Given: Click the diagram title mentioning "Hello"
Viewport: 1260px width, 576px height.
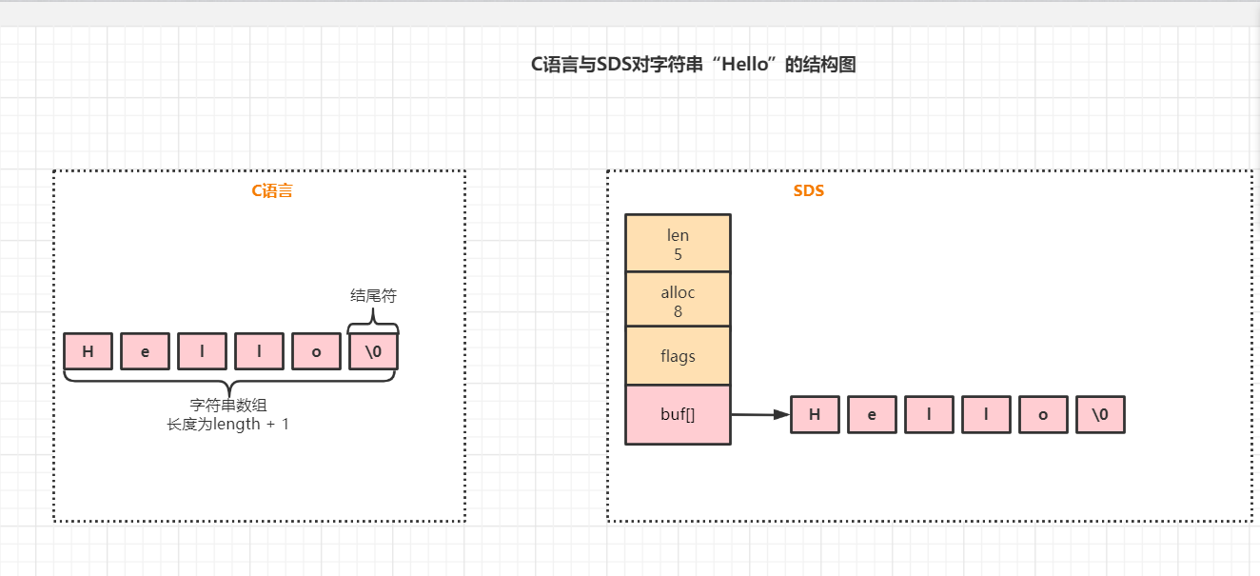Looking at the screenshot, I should (x=693, y=65).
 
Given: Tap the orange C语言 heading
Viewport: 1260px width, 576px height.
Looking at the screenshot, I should (x=271, y=190).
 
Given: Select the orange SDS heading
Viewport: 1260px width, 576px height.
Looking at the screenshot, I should (x=808, y=190).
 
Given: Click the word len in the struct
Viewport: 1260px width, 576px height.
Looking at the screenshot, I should (x=678, y=235).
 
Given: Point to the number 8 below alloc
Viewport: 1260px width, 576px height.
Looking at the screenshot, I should (x=678, y=311).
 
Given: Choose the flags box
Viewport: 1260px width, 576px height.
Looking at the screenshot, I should (x=678, y=356).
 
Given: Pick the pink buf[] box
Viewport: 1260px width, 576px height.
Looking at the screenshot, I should (x=678, y=414).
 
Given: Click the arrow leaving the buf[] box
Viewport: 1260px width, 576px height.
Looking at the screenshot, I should (x=759, y=414).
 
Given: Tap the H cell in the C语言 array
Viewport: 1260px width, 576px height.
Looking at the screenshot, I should (x=89, y=351).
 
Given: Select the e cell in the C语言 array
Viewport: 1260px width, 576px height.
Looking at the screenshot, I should (x=145, y=351).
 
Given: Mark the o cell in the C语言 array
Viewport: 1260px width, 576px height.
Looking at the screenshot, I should (x=316, y=351).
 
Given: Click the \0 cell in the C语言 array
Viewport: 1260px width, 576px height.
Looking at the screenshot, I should (x=373, y=351).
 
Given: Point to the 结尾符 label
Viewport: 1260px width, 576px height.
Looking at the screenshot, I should (x=373, y=296).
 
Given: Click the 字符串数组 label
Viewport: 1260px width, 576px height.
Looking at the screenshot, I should (x=227, y=405).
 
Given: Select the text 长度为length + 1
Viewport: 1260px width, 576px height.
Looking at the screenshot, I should (x=227, y=424).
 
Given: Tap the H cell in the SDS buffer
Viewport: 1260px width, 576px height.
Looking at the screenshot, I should (x=815, y=415).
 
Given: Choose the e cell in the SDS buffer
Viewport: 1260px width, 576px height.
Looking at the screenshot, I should (x=872, y=415).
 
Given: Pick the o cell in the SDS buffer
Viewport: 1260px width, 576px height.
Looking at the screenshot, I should (x=1043, y=415).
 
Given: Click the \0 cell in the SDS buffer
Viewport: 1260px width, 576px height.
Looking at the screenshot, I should (x=1100, y=415).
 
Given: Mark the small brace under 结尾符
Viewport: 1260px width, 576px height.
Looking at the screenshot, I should (x=373, y=324).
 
